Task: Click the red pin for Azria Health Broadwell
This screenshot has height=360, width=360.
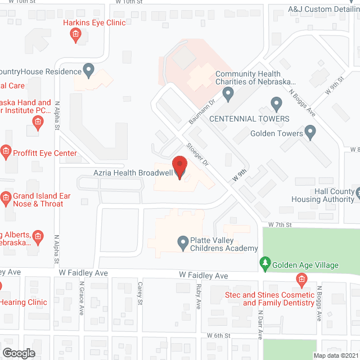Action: click(179, 167)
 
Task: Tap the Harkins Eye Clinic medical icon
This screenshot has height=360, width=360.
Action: click(75, 36)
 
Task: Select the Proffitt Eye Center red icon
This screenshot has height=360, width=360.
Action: click(6, 150)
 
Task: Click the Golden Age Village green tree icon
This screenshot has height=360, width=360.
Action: click(265, 263)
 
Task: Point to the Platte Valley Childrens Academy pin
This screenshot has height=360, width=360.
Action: click(183, 243)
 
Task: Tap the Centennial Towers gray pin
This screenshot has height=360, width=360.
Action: click(276, 104)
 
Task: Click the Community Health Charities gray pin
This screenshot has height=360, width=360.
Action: click(228, 94)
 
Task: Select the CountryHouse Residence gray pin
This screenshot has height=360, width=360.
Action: click(88, 70)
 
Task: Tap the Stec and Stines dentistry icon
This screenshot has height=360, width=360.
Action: click(301, 279)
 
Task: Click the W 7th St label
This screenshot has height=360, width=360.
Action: click(280, 224)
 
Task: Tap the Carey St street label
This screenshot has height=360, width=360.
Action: click(139, 293)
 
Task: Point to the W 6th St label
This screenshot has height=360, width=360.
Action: click(219, 335)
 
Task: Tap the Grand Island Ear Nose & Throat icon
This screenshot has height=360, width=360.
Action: click(6, 197)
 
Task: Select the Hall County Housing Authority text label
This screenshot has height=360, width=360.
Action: click(323, 195)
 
